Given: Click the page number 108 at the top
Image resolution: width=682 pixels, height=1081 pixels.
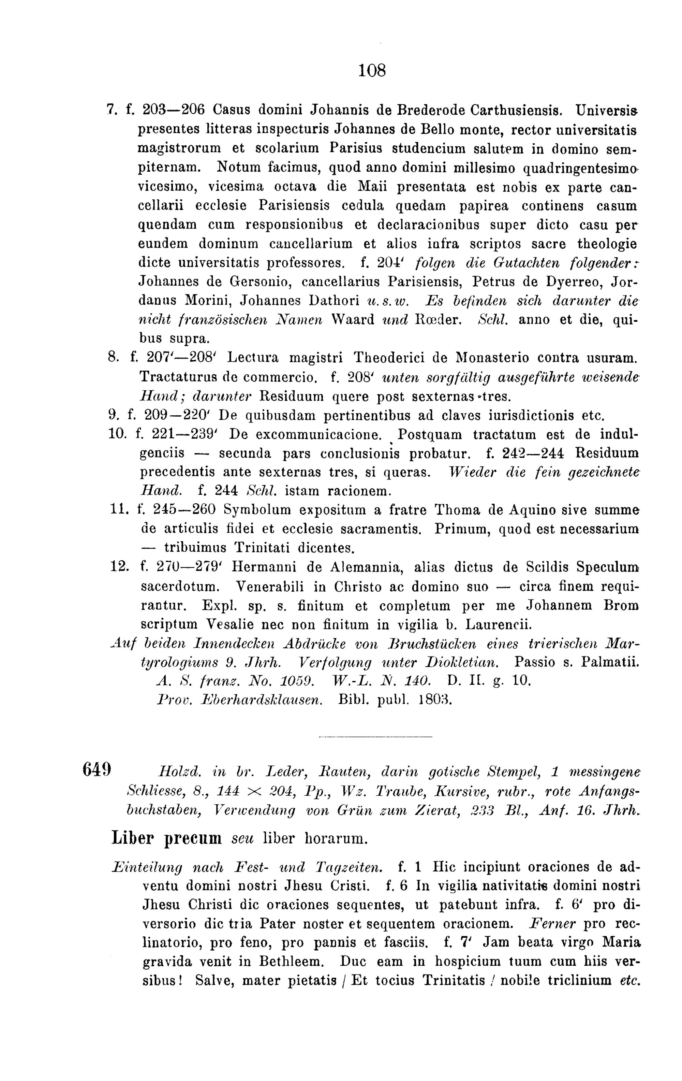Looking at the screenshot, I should click(372, 71).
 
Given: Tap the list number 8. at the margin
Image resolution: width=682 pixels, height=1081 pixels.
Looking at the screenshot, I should click(114, 358).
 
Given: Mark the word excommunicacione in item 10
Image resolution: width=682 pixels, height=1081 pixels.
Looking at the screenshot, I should click(306, 435).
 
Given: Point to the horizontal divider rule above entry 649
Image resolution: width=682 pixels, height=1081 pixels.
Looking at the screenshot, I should click(375, 737).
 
